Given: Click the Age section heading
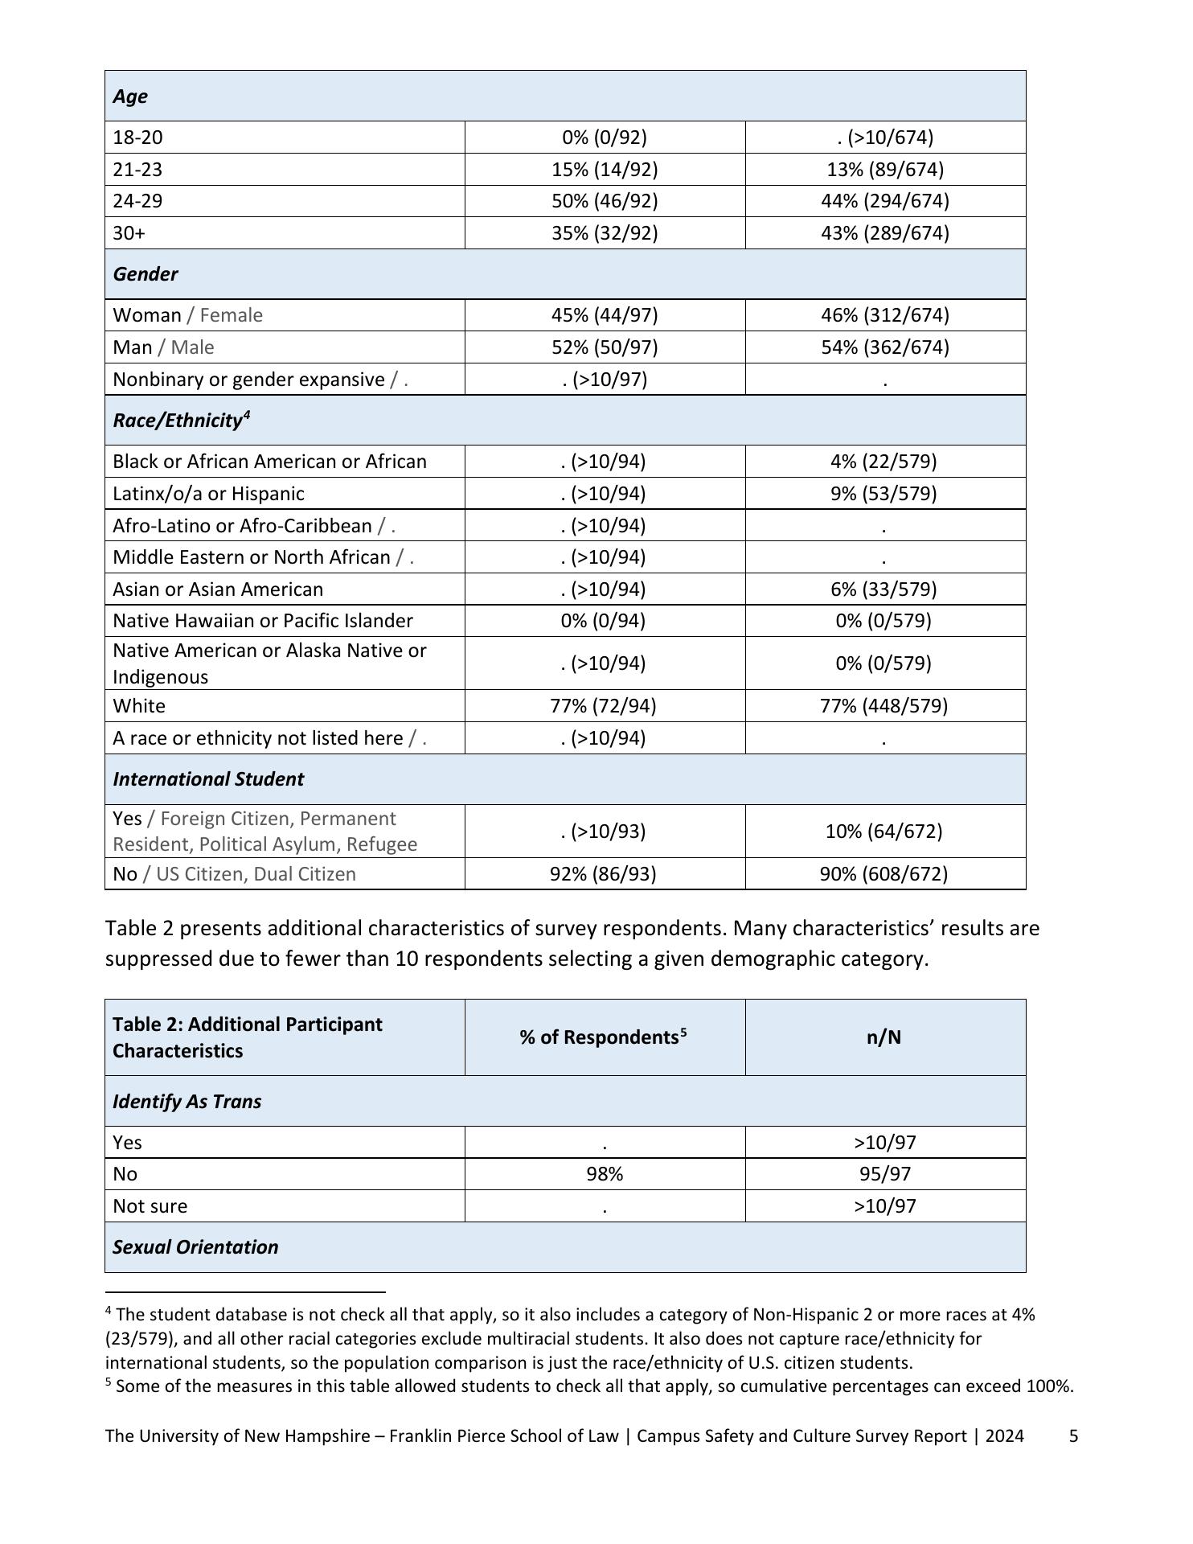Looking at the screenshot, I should pos(130,96).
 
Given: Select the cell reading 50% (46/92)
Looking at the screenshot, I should pos(605,201).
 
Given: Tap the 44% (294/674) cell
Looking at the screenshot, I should pos(884,201).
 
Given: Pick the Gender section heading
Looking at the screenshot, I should pos(146,274).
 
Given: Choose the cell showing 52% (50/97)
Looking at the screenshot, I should pos(605,347).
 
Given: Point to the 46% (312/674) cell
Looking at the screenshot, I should pos(884,315).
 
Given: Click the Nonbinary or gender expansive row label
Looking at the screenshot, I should pos(248,380).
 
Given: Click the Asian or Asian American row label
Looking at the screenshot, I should pos(218,589).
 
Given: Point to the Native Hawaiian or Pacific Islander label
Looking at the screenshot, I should pos(263,621).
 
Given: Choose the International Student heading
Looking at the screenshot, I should pos(208,779).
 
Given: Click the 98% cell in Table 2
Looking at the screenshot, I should pos(605,1174).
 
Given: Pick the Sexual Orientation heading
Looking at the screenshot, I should pos(195,1247).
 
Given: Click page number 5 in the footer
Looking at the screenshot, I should pos(1073,1436).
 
